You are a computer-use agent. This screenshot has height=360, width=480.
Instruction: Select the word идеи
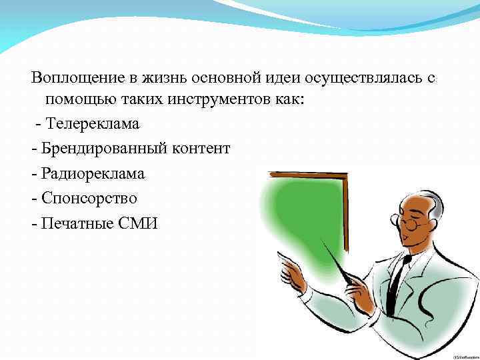(x=282, y=78)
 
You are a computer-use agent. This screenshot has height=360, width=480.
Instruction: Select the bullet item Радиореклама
(x=93, y=173)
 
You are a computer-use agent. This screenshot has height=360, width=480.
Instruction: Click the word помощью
(x=74, y=100)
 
